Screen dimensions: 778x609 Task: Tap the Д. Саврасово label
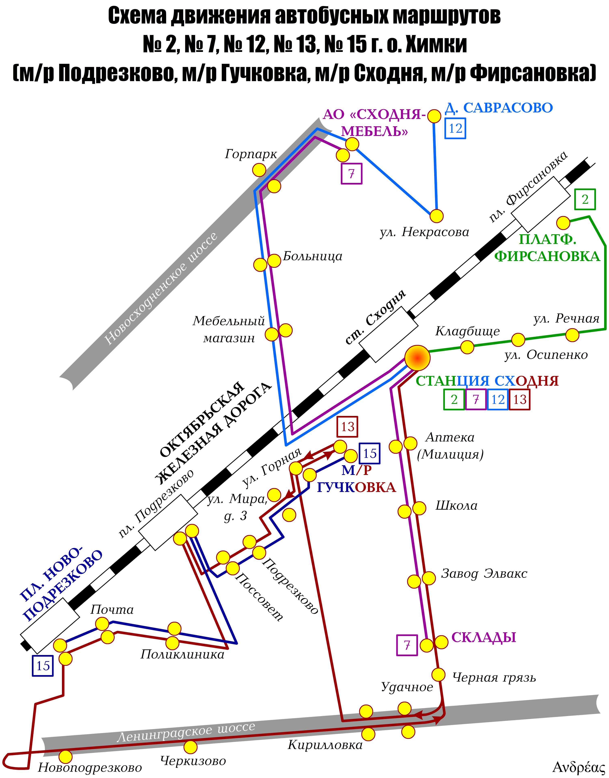coord(499,108)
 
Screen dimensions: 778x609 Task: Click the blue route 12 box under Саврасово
coord(455,128)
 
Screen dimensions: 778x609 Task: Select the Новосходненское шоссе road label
coord(160,289)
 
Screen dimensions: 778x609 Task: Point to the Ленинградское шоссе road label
coord(186,732)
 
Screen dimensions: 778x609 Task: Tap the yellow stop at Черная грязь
coord(438,675)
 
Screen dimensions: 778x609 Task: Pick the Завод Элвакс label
coord(484,574)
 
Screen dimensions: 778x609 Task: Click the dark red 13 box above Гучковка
coord(347,426)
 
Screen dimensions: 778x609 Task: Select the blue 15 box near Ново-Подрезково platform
coord(43,666)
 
